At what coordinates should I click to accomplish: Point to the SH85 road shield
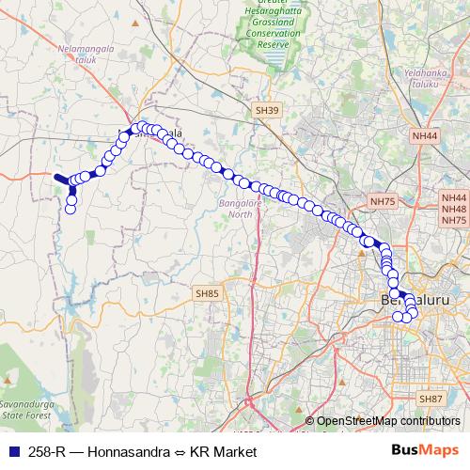[x=207, y=294]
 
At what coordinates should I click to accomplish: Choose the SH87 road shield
[x=429, y=399]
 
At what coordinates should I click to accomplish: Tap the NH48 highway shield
[x=454, y=210]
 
